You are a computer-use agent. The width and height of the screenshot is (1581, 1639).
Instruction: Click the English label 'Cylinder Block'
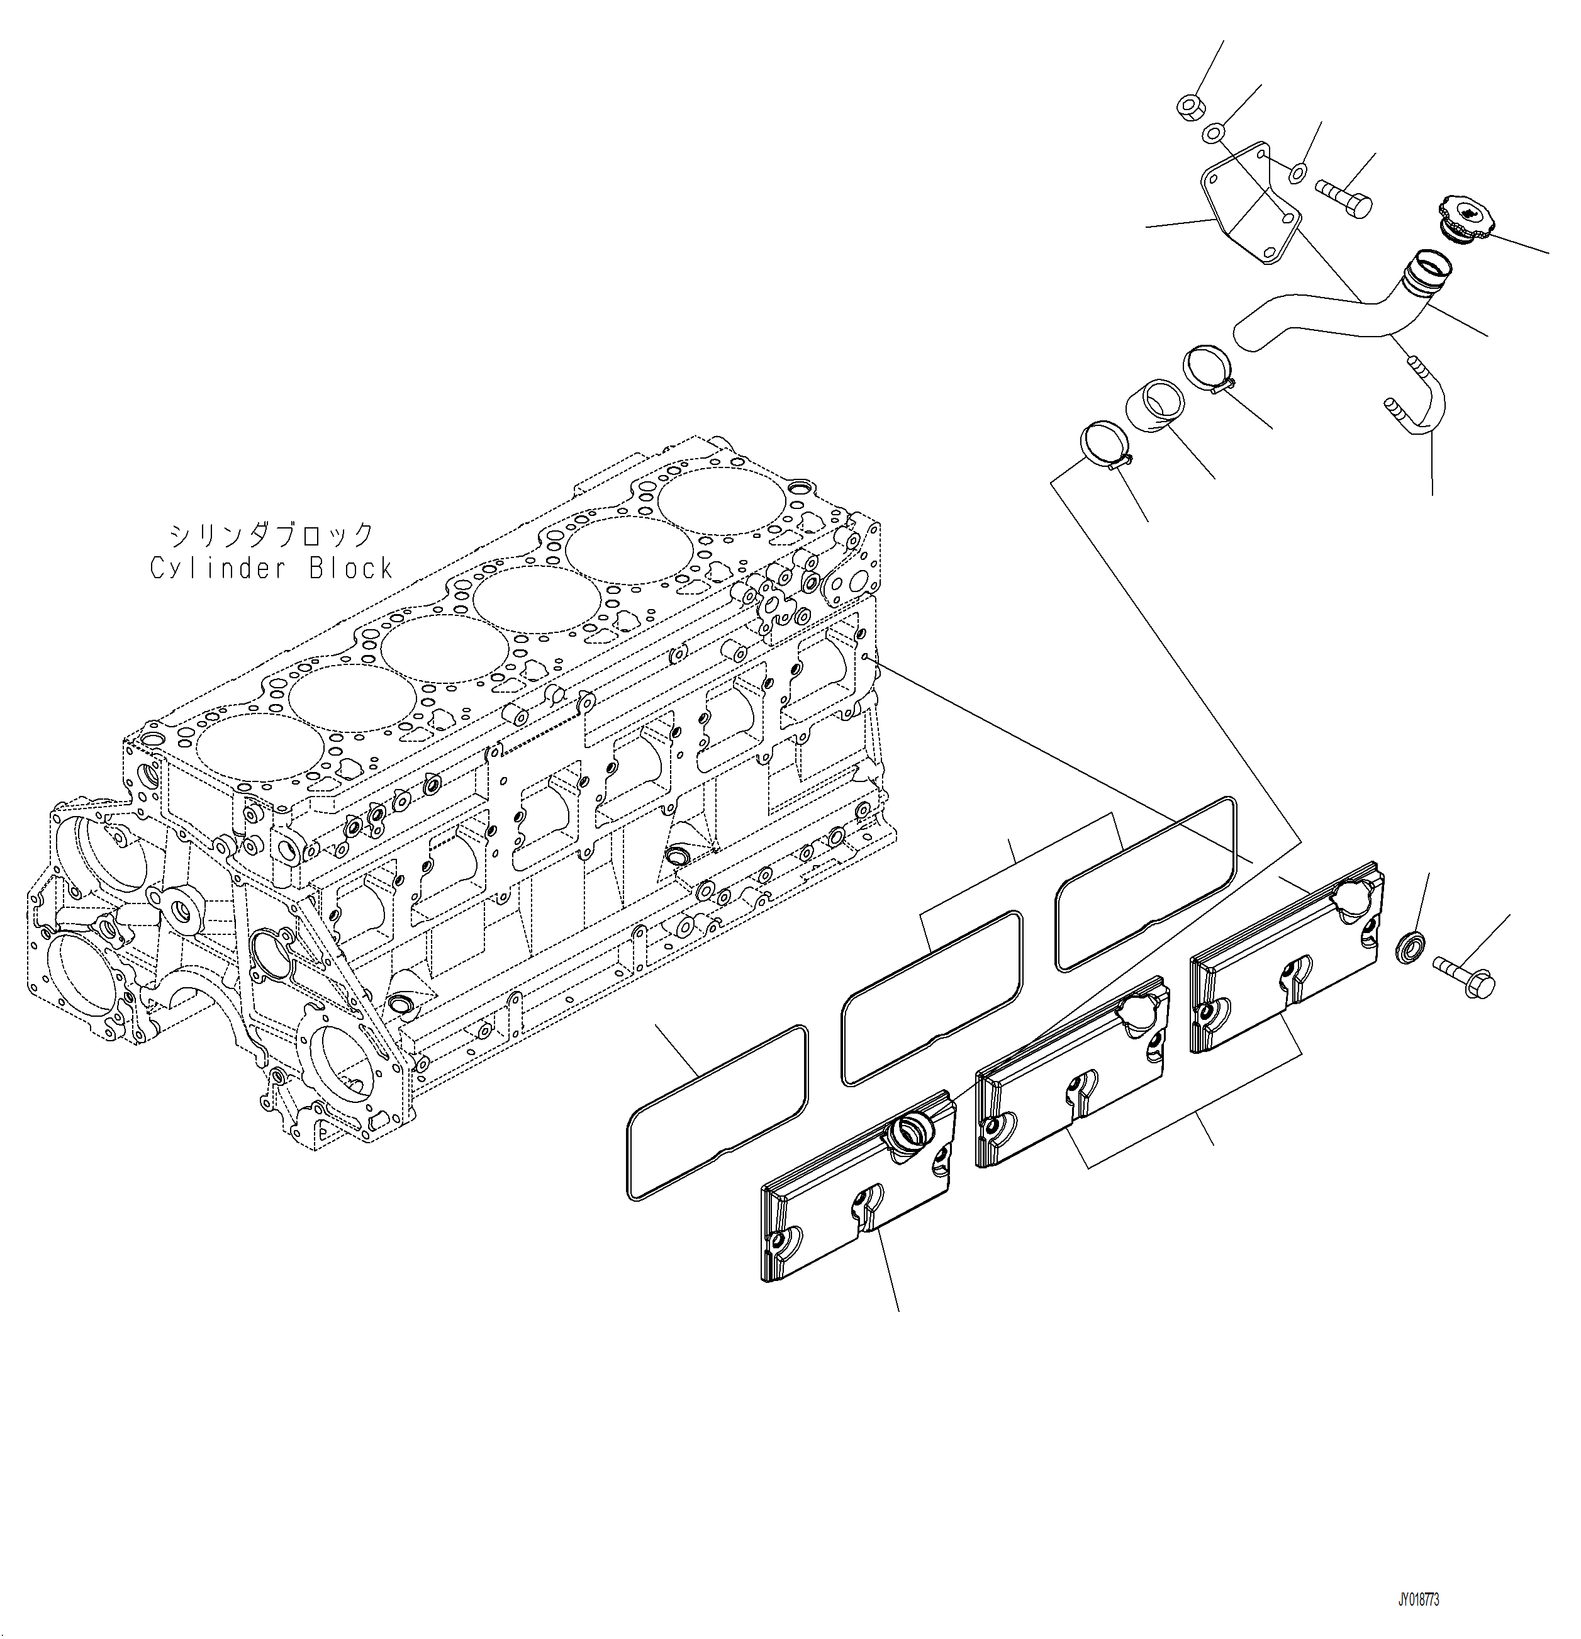(x=271, y=569)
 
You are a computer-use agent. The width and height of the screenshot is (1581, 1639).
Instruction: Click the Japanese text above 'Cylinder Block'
(x=271, y=534)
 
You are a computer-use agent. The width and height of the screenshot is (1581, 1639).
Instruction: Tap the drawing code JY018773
(x=1418, y=1600)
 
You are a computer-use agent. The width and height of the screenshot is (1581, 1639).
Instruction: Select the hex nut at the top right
(x=1187, y=107)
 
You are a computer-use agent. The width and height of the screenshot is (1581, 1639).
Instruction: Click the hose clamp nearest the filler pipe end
(x=1205, y=368)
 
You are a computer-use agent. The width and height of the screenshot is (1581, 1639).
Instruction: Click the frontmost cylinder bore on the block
(x=259, y=747)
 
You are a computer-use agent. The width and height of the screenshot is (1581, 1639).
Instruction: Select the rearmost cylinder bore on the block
(x=722, y=501)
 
